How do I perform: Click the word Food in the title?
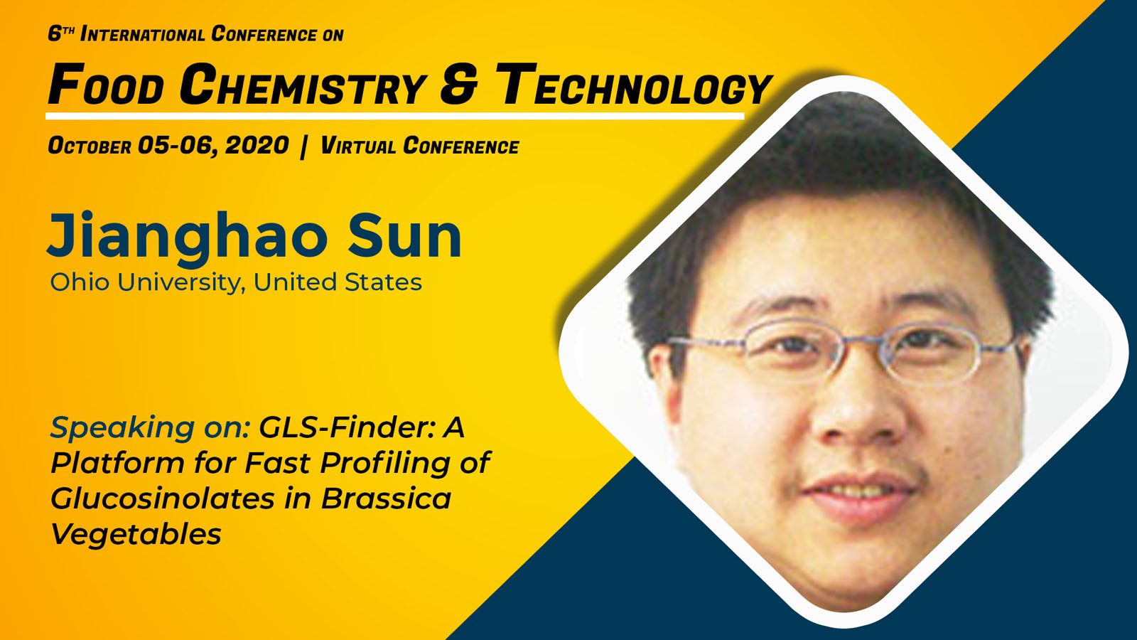106,85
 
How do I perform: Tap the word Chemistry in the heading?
303,85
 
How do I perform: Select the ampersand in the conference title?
459,85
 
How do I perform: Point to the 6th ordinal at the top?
61,33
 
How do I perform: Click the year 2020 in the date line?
257,146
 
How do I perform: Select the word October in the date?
90,146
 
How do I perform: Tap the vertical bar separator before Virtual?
304,146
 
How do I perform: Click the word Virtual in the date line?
358,146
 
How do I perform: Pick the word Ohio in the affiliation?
80,282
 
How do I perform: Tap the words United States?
338,282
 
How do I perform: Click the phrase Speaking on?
150,428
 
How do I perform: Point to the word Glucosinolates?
163,498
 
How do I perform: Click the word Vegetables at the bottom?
136,535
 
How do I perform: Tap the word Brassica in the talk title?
387,498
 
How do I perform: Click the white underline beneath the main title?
395,117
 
